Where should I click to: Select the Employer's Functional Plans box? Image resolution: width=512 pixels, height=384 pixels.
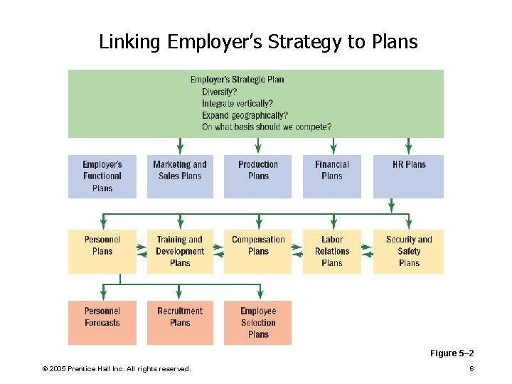click(x=102, y=176)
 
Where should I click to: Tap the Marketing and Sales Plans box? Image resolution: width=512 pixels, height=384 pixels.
click(x=180, y=176)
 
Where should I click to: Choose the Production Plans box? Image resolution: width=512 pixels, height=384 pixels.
click(x=258, y=176)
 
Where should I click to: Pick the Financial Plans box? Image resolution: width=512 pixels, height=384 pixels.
click(x=332, y=176)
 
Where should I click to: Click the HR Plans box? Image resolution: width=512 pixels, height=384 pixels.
click(x=409, y=176)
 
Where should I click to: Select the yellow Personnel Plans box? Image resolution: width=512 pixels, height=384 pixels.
click(x=102, y=251)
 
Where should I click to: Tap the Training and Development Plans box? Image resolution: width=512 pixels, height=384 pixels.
click(x=180, y=251)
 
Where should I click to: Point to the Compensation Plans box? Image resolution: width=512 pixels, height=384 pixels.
click(x=258, y=251)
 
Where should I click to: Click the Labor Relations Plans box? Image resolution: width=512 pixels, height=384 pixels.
click(x=332, y=251)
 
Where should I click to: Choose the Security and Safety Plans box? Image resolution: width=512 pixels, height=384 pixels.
click(x=409, y=251)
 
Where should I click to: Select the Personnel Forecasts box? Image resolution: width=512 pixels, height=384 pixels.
click(x=102, y=323)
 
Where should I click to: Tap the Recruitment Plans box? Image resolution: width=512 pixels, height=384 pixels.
click(x=180, y=323)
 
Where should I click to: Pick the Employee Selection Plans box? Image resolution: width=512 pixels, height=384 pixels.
click(x=258, y=323)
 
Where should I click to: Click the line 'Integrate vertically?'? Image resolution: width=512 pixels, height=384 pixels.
click(x=237, y=103)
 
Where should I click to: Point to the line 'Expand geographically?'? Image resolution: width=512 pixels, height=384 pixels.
click(x=245, y=115)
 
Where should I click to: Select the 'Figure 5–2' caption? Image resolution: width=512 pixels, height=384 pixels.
click(x=452, y=353)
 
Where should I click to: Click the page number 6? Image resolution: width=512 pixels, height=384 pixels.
click(x=471, y=368)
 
